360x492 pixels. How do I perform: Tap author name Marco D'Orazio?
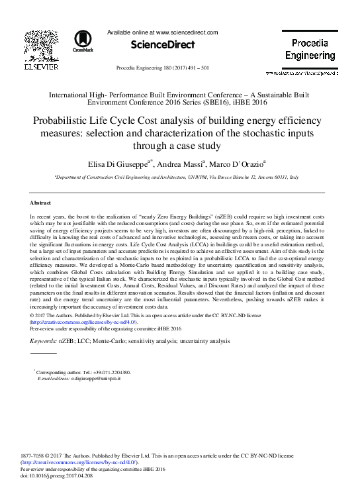coord(255,162)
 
